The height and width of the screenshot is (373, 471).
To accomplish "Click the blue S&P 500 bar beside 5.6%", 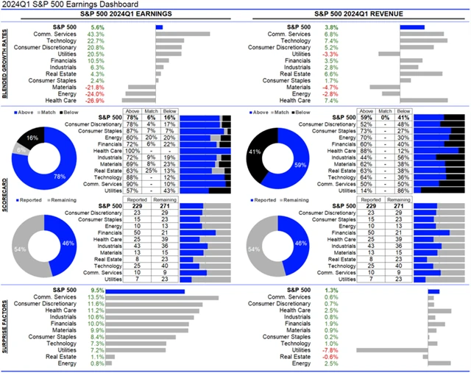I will click(x=159, y=26).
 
